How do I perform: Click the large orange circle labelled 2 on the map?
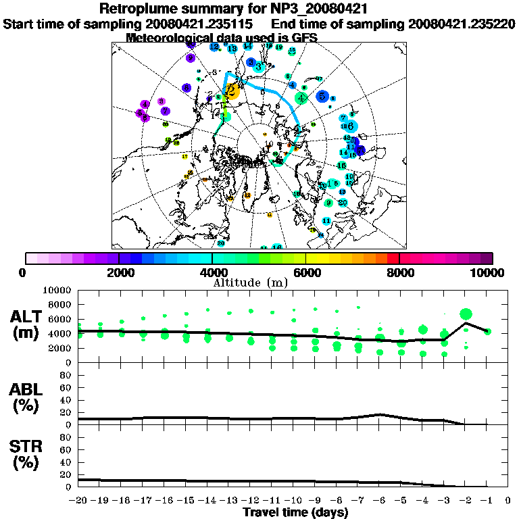point(232,92)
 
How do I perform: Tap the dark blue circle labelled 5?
point(322,96)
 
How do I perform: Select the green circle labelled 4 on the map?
point(301,97)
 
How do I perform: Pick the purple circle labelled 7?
point(165,111)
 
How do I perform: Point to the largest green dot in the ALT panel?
point(466,314)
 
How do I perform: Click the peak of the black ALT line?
point(466,323)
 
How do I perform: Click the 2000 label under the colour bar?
point(119,273)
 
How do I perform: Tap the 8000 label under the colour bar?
point(399,273)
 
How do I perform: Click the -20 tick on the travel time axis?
point(78,501)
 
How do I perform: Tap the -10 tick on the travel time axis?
point(293,501)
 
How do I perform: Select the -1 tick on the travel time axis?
point(487,501)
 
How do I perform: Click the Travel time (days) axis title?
point(295,512)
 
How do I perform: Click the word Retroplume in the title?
point(138,9)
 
